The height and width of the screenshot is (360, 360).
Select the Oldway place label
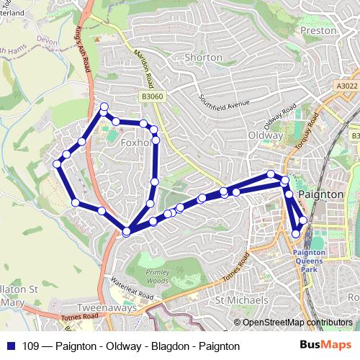coord(265,135)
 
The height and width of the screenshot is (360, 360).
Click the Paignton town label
coord(318,194)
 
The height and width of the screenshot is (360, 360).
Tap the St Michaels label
coord(242,300)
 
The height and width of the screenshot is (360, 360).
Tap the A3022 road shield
coord(346,86)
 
